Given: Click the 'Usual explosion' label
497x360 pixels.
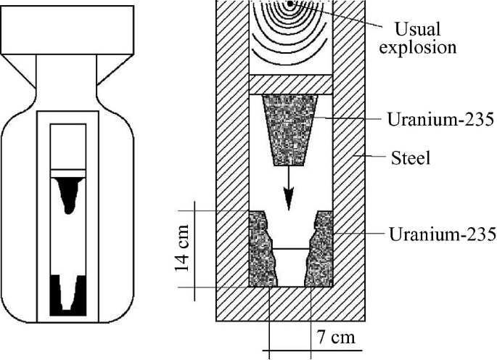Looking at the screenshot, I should click(x=425, y=39).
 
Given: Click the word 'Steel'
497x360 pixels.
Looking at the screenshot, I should click(x=410, y=157).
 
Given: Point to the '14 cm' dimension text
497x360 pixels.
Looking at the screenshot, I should click(x=185, y=249).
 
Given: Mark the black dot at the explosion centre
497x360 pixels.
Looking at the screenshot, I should click(x=290, y=4).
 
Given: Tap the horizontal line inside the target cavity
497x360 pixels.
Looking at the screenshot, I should click(x=290, y=249).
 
